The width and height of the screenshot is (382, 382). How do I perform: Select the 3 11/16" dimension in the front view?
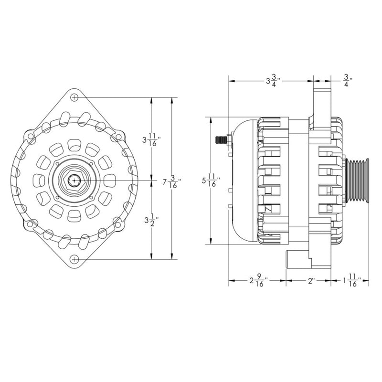(x=151, y=140)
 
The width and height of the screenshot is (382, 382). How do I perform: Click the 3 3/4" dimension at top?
(x=272, y=81)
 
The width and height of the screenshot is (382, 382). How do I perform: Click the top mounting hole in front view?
(x=74, y=97)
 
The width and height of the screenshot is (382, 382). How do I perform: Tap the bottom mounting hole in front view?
(x=74, y=259)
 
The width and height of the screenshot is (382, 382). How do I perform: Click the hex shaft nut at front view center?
(x=74, y=180)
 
